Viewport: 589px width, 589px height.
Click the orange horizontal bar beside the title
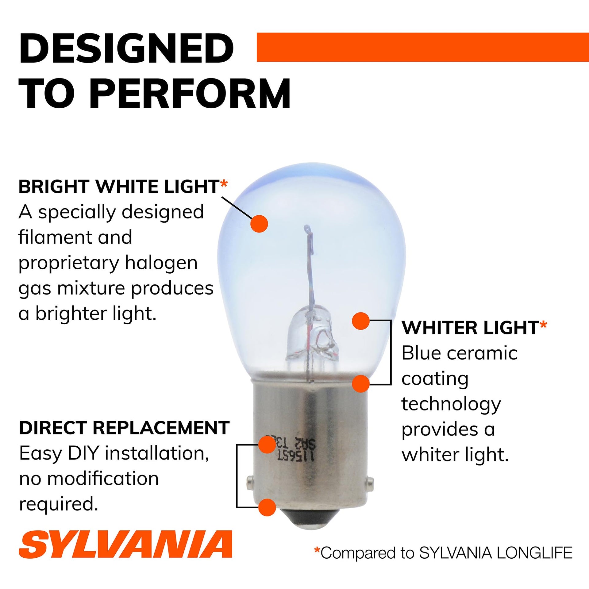coord(423,47)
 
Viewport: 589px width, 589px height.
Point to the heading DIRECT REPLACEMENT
coord(124,428)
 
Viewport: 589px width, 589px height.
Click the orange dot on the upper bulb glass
coord(259,224)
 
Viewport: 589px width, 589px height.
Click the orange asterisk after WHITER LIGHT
coord(543,325)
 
